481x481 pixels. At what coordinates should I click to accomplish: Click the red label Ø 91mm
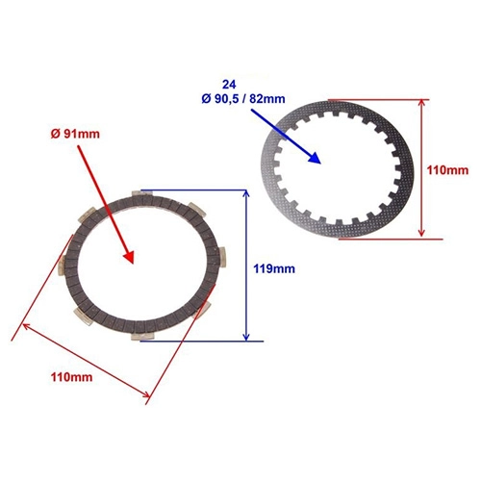[75, 134]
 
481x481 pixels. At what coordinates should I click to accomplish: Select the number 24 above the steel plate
[229, 85]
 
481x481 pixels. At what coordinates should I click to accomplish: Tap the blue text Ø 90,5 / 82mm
[243, 99]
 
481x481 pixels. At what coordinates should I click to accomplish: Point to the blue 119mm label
[274, 268]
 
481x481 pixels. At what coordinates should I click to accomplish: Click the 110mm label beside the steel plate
[447, 170]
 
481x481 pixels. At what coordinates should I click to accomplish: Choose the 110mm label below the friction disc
[71, 377]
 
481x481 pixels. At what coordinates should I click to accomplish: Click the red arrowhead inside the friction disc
[129, 256]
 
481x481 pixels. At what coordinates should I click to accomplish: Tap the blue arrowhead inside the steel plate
[314, 157]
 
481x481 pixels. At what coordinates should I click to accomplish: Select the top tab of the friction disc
[142, 194]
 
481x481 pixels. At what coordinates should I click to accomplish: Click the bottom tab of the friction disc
[142, 336]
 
